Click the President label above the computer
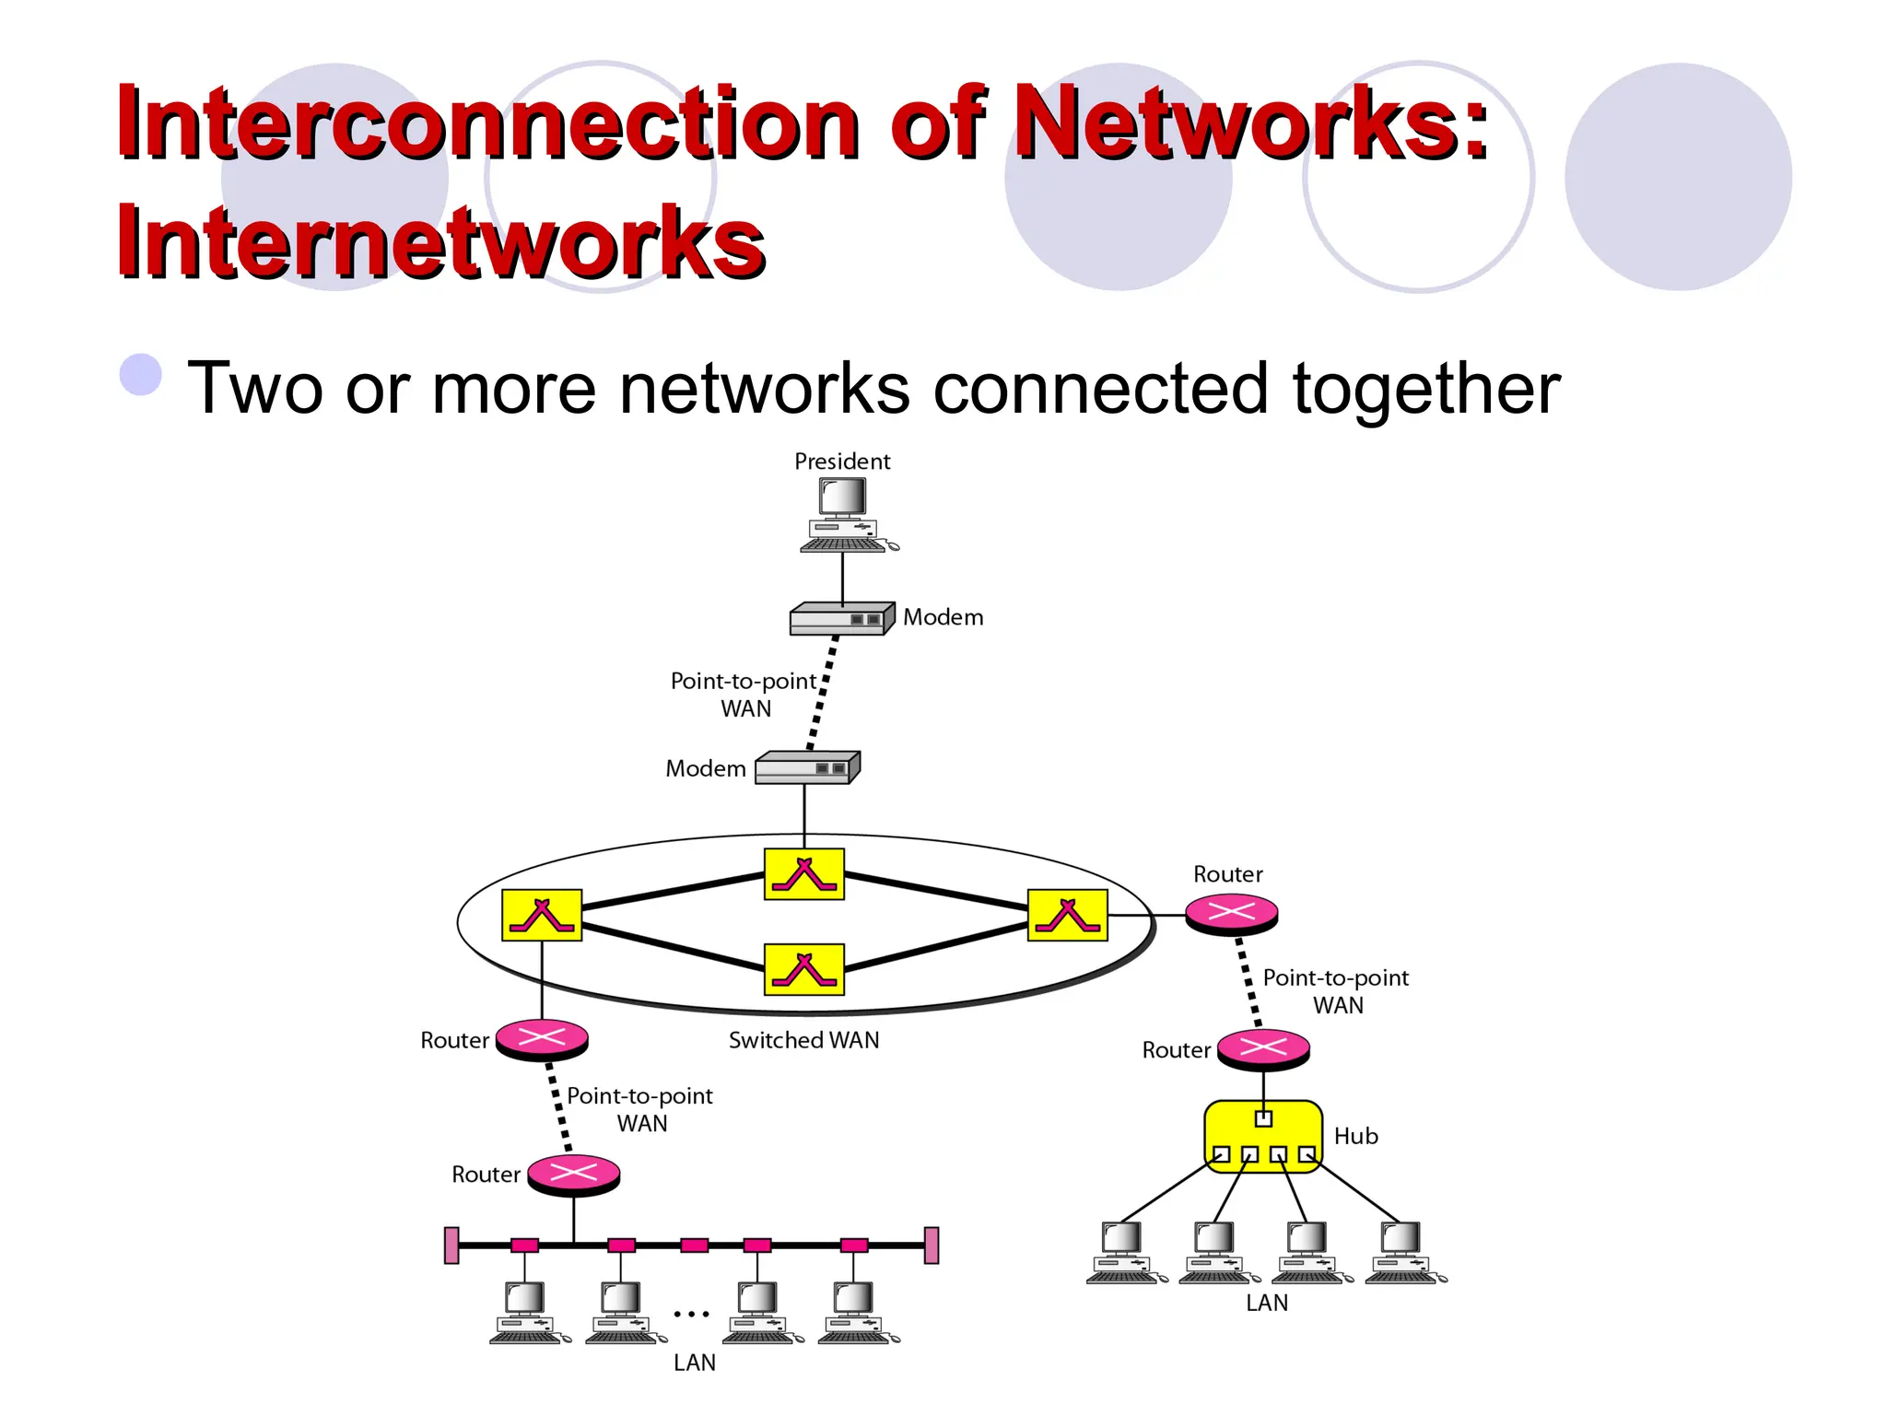pyautogui.click(x=842, y=461)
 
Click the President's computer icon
pyautogui.click(x=844, y=516)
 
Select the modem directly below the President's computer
pyautogui.click(x=841, y=618)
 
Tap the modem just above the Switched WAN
pyautogui.click(x=807, y=767)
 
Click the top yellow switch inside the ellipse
pyautogui.click(x=804, y=874)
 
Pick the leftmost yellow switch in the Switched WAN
pyautogui.click(x=542, y=915)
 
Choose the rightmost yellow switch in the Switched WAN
pyautogui.click(x=1067, y=915)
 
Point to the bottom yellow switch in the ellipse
pyautogui.click(x=804, y=969)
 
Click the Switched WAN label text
pyautogui.click(x=803, y=1040)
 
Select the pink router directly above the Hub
pyautogui.click(x=1263, y=1048)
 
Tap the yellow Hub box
pyautogui.click(x=1263, y=1136)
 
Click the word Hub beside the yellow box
pyautogui.click(x=1355, y=1136)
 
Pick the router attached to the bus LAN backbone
pyautogui.click(x=573, y=1174)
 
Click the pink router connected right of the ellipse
pyautogui.click(x=1231, y=913)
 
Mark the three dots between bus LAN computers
pyautogui.click(x=691, y=1314)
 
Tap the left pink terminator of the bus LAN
pyautogui.click(x=451, y=1245)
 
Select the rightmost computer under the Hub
pyautogui.click(x=1403, y=1251)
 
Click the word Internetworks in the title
pyautogui.click(x=440, y=241)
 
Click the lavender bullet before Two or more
pyautogui.click(x=141, y=375)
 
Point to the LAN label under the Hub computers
pyautogui.click(x=1267, y=1303)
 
